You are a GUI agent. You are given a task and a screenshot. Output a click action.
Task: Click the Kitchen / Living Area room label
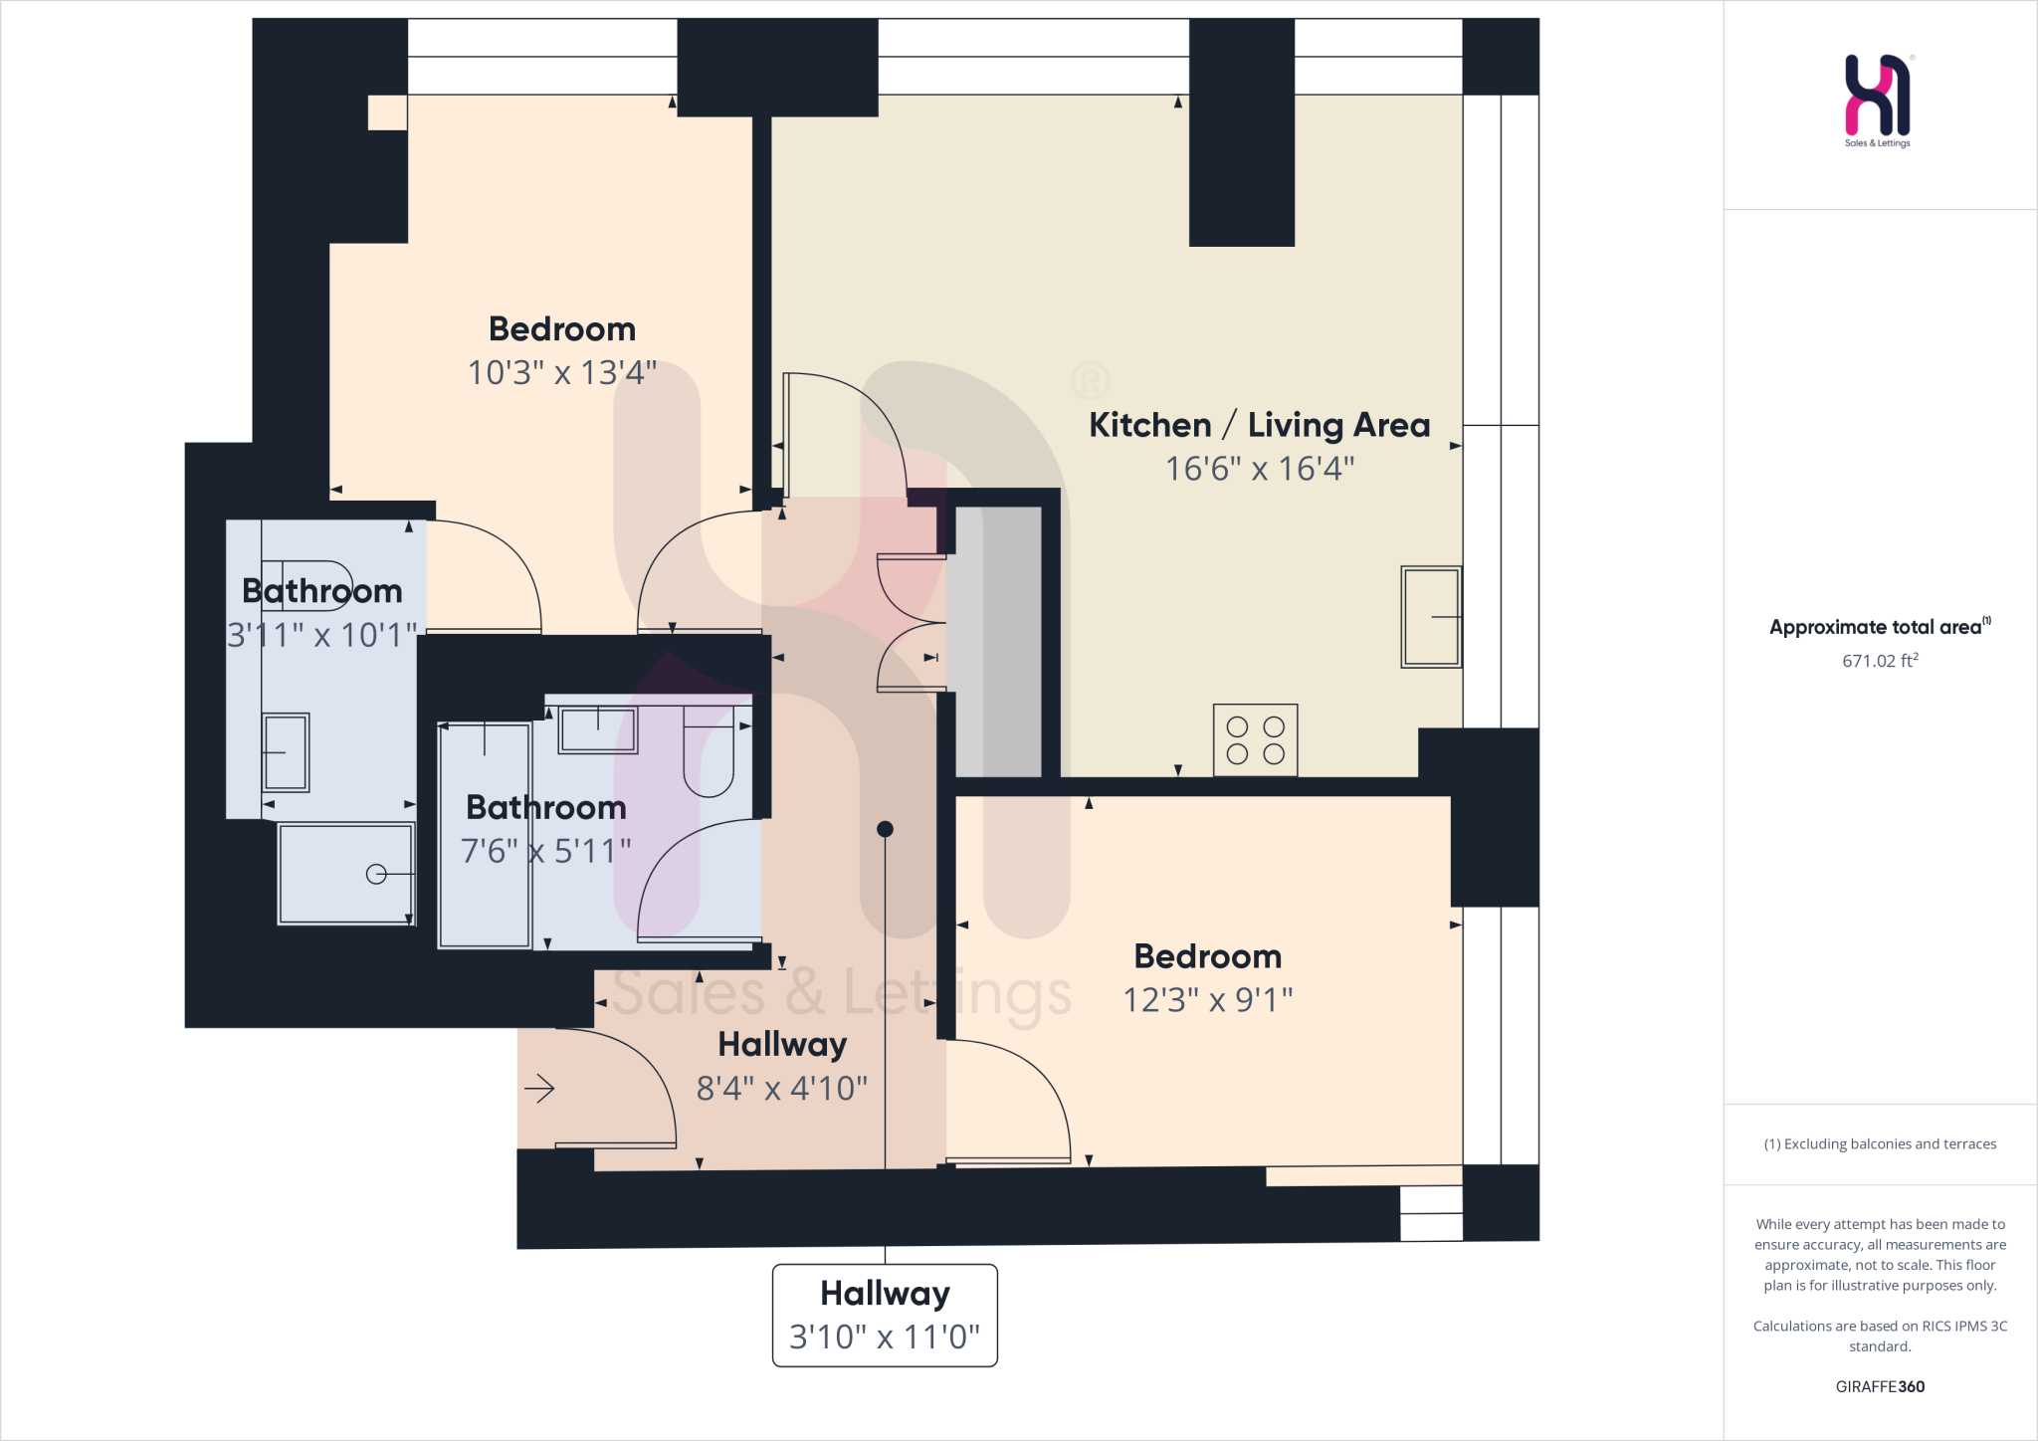1259,425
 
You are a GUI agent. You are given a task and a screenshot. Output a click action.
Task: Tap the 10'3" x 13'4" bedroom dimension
562,373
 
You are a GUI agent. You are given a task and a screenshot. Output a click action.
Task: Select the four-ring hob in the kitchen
1255,740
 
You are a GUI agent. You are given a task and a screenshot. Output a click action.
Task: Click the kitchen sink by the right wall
1430,617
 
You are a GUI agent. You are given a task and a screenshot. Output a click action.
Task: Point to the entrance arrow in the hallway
539,1089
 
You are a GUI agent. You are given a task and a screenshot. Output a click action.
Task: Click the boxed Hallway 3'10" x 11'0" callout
885,1315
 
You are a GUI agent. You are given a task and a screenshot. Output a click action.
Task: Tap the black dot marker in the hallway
885,829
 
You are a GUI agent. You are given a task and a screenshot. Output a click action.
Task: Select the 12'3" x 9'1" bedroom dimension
1207,1000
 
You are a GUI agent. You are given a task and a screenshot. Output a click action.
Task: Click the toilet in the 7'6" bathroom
709,751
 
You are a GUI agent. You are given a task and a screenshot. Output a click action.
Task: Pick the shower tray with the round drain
345,874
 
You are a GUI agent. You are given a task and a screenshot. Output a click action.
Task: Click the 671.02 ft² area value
1879,661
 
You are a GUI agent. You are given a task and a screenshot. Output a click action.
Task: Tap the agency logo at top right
1878,97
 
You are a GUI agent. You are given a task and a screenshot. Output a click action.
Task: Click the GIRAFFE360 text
1879,1386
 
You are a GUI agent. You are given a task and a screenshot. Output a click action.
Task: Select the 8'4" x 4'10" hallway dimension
781,1089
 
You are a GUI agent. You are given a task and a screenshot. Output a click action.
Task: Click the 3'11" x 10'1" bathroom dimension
321,635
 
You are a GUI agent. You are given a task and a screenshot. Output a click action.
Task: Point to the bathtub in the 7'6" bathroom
485,836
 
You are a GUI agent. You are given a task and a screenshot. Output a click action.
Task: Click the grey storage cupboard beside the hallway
998,642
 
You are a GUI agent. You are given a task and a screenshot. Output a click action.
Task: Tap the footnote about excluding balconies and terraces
1879,1144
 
